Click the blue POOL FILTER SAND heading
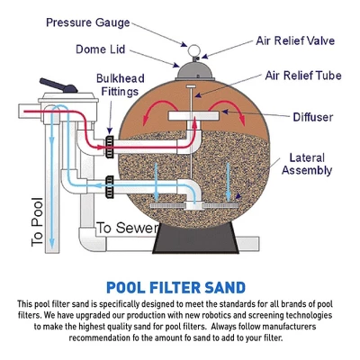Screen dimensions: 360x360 tap(175, 288)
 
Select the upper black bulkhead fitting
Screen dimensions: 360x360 tap(111, 141)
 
